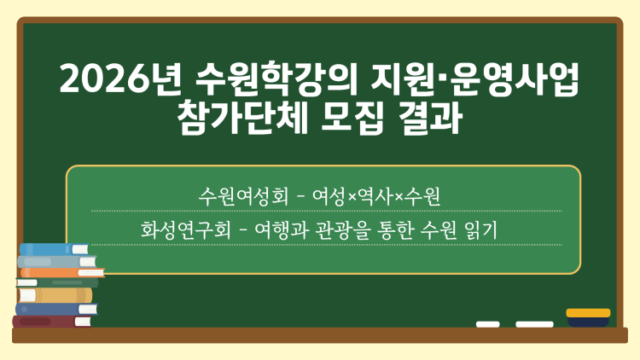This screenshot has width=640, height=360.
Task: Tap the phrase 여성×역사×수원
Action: pos(377,195)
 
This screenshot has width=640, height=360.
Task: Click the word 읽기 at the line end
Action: pos(489,229)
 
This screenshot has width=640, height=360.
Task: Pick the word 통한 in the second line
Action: pos(410,229)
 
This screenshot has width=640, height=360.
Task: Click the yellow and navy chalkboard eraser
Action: pos(588,318)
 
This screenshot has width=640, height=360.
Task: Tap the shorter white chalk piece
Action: pos(488,324)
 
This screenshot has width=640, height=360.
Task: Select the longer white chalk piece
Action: pos(535,324)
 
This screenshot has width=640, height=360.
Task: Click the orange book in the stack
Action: pos(60,273)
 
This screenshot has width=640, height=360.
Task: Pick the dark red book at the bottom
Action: pos(51,322)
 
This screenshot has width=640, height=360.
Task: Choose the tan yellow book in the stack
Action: pos(55,295)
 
